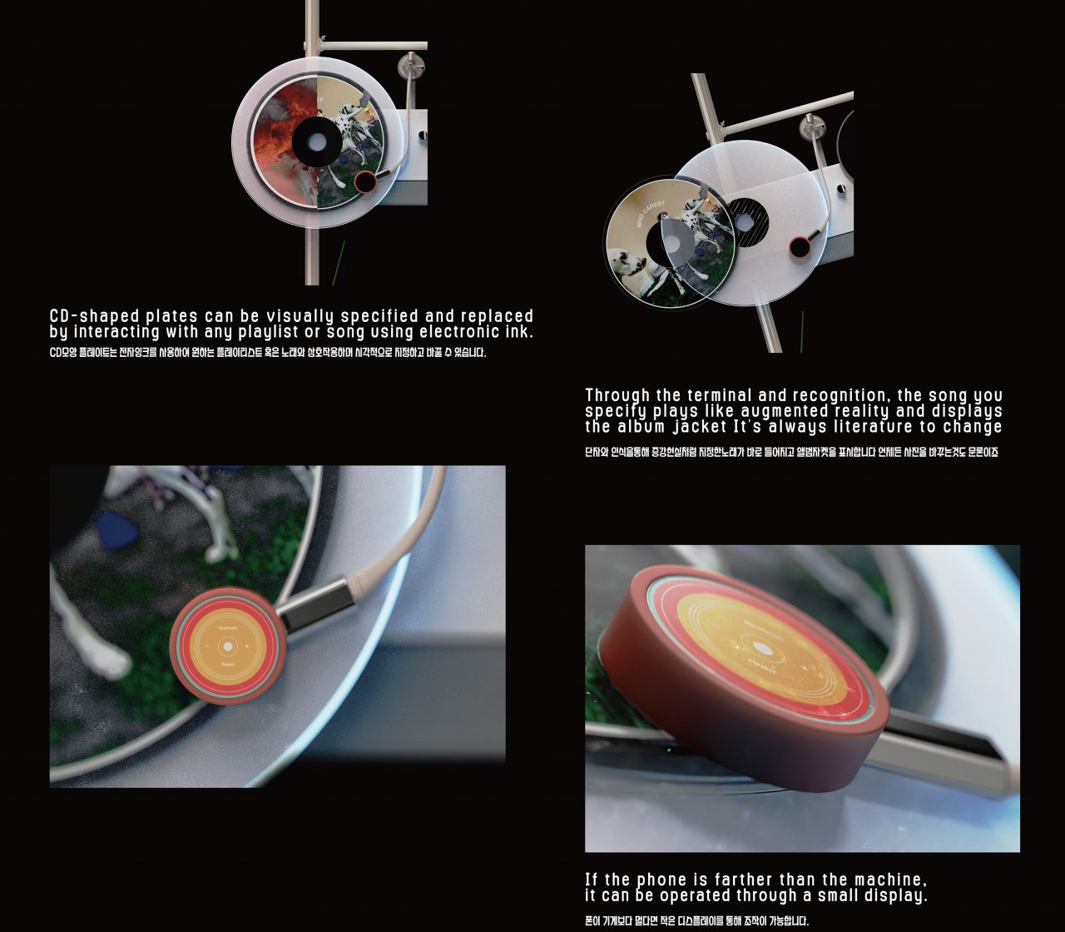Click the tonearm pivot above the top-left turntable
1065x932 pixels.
(409, 62)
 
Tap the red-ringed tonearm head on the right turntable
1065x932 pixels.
(800, 246)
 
